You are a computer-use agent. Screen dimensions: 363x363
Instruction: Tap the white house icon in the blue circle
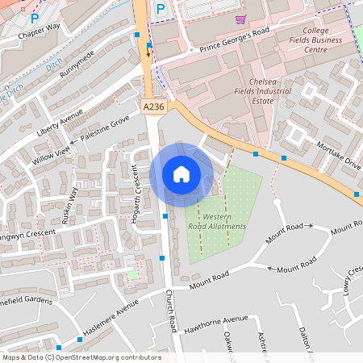pyautogui.click(x=181, y=173)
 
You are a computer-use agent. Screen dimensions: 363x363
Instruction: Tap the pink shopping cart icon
pyautogui.click(x=240, y=19)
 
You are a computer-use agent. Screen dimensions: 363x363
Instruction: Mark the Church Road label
pyautogui.click(x=171, y=310)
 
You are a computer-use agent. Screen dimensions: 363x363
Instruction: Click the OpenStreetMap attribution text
pyautogui.click(x=81, y=357)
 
